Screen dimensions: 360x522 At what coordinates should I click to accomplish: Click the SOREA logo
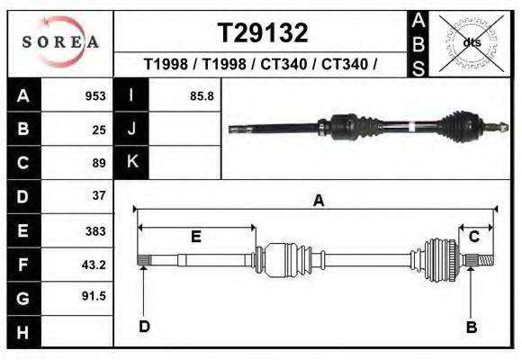pyautogui.click(x=60, y=41)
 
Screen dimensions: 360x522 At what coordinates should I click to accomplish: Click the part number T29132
pyautogui.click(x=263, y=33)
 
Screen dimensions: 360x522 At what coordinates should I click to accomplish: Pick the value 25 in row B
pyautogui.click(x=99, y=130)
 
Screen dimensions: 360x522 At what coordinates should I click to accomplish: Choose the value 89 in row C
pyautogui.click(x=99, y=163)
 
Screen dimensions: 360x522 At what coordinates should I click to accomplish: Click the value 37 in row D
pyautogui.click(x=99, y=195)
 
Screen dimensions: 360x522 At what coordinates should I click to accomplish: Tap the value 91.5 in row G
pyautogui.click(x=94, y=296)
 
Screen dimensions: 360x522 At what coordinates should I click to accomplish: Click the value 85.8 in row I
pyautogui.click(x=202, y=96)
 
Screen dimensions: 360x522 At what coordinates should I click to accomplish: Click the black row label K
pyautogui.click(x=131, y=162)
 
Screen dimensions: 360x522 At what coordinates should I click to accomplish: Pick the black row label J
pyautogui.click(x=131, y=130)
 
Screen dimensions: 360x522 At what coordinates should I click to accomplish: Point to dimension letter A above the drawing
pyautogui.click(x=318, y=202)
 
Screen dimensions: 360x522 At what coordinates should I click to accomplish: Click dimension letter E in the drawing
pyautogui.click(x=195, y=238)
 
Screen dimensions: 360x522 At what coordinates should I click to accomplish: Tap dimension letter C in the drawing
pyautogui.click(x=473, y=237)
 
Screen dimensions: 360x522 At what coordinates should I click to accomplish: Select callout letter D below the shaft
pyautogui.click(x=144, y=327)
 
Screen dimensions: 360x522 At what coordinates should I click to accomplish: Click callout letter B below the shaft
pyautogui.click(x=471, y=328)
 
